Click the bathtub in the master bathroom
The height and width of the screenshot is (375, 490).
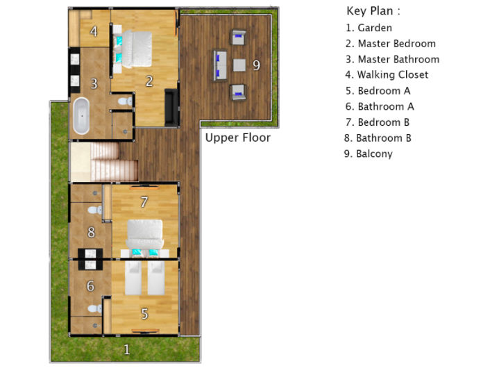(x=81, y=115)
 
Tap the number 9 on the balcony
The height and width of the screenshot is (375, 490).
(x=256, y=65)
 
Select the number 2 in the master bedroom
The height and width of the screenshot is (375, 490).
(x=149, y=81)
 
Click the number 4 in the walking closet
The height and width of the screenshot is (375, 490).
(x=93, y=31)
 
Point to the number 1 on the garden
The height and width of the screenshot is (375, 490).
(x=126, y=349)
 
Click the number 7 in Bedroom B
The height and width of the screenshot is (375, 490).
(x=144, y=202)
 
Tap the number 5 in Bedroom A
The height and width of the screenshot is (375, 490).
(x=144, y=314)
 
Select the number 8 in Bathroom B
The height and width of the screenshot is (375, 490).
(x=90, y=233)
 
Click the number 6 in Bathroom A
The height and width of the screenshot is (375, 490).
(x=90, y=286)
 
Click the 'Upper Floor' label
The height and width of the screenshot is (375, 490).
(x=237, y=137)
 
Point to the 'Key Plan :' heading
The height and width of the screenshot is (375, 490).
(x=373, y=11)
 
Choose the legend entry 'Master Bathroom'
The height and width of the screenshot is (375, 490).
(x=392, y=59)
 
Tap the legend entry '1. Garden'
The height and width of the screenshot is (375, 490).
(x=369, y=28)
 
